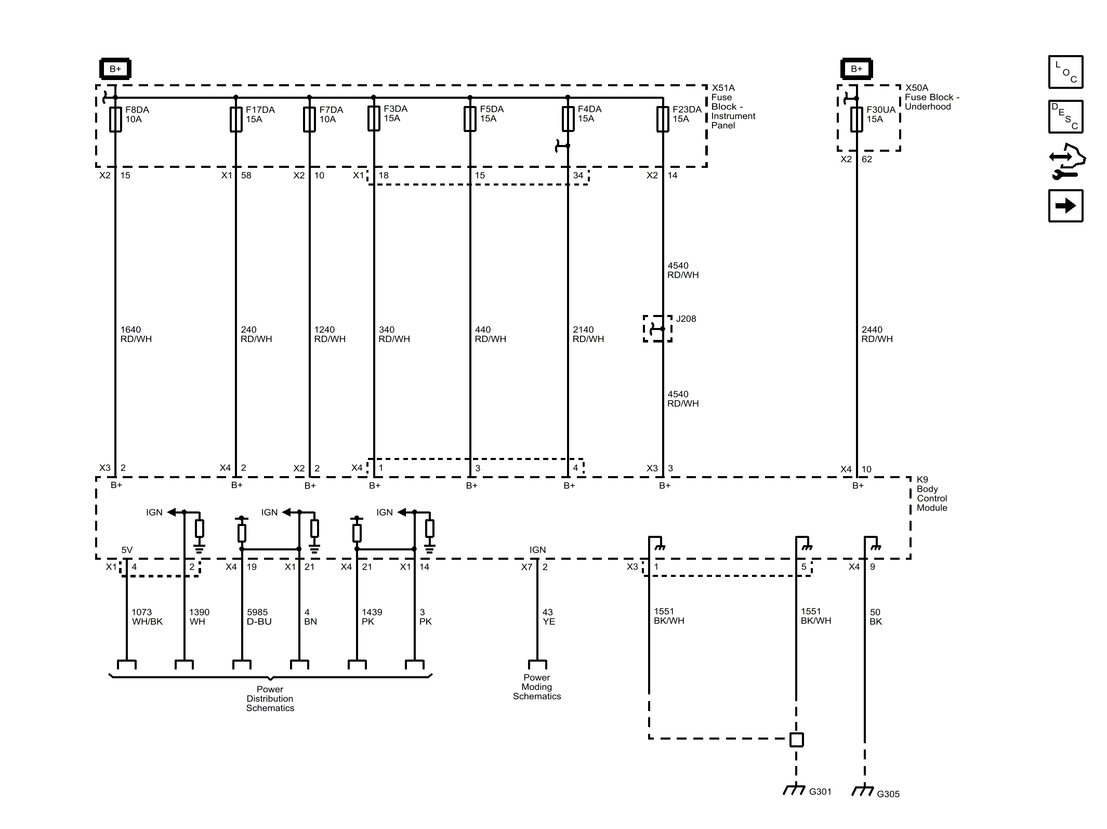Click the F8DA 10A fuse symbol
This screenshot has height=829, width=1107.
click(x=115, y=119)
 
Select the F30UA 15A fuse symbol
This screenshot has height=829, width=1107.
click(x=856, y=119)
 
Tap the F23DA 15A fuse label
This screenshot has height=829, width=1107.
click(x=687, y=114)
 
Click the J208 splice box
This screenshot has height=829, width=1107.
click(x=657, y=328)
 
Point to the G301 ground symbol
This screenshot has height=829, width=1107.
click(x=794, y=789)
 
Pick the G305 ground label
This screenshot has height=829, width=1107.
click(x=888, y=794)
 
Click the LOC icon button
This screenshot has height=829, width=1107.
click(x=1065, y=72)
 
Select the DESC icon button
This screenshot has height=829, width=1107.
click(x=1065, y=116)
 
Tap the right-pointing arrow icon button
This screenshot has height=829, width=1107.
click(x=1065, y=206)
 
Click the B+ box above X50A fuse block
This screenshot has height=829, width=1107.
click(x=856, y=69)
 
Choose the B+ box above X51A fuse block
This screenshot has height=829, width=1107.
click(x=115, y=69)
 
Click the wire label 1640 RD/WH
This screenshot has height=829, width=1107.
click(x=136, y=334)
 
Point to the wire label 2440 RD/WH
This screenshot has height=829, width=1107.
click(x=877, y=334)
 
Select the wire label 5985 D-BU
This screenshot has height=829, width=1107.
click(x=259, y=617)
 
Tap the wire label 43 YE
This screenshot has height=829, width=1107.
click(x=548, y=617)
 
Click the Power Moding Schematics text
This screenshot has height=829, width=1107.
click(x=537, y=687)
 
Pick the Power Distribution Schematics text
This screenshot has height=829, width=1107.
click(x=270, y=699)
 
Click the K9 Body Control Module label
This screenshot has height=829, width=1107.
click(x=931, y=494)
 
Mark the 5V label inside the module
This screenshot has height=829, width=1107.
click(x=127, y=550)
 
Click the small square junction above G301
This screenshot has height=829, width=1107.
click(x=796, y=739)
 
